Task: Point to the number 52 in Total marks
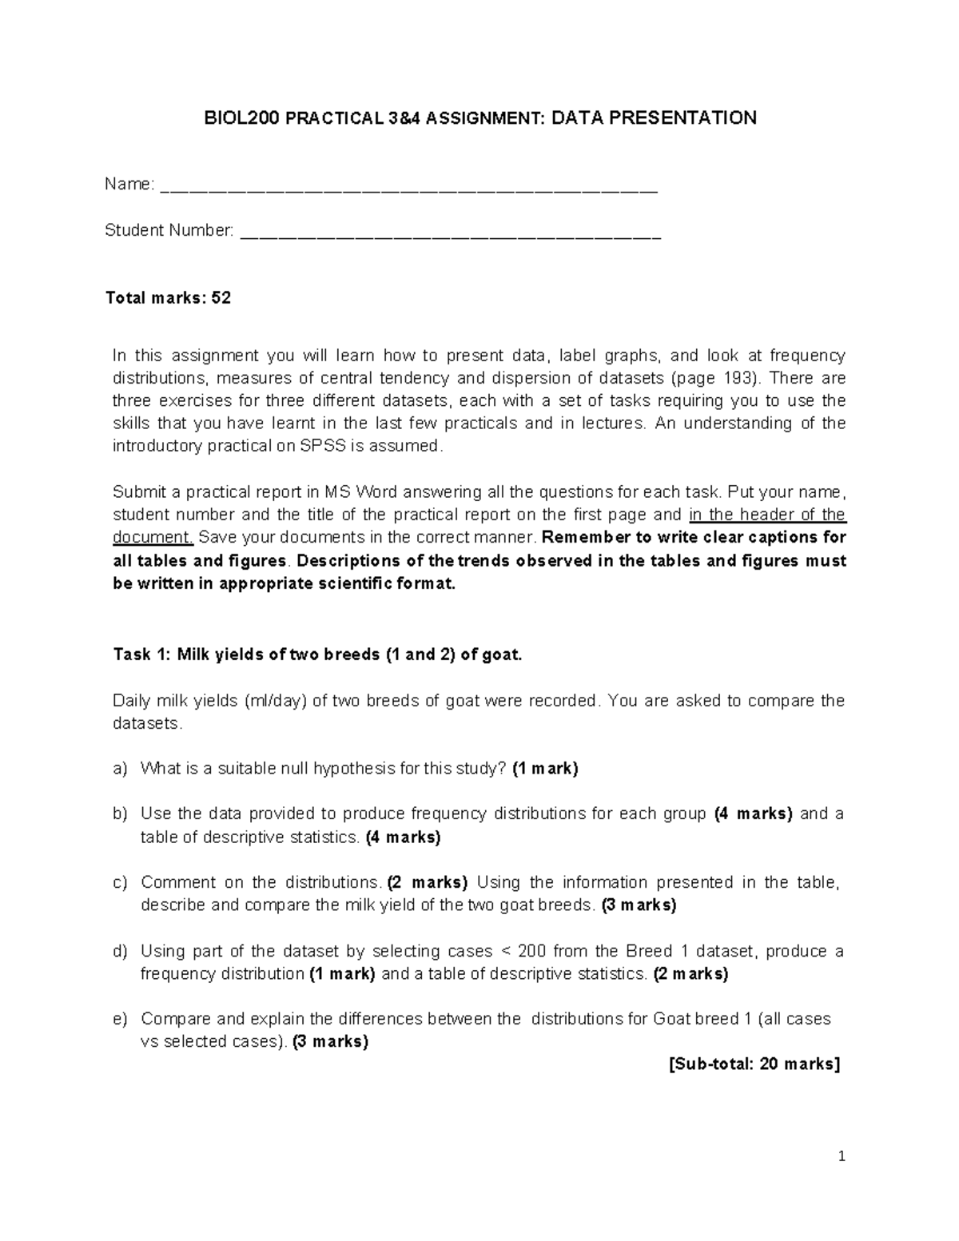pos(221,298)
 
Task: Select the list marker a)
pos(120,769)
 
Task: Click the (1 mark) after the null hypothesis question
pos(545,769)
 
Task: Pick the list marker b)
pos(120,814)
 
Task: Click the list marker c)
pos(120,883)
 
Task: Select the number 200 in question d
pos(533,952)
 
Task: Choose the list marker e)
pos(120,1020)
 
